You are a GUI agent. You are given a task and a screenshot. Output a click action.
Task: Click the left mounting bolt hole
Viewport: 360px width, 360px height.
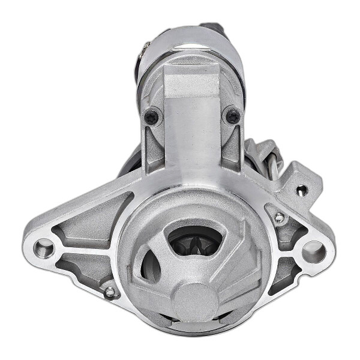coord(44,247)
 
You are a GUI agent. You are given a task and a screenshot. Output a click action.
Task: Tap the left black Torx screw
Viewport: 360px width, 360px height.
coord(152,118)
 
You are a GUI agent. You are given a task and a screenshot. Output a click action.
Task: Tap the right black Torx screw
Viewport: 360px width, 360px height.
coord(232,116)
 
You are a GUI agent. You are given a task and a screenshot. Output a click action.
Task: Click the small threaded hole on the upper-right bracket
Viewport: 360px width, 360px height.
coord(302,191)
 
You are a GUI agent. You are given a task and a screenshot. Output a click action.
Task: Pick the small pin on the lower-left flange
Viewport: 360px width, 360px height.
coord(110,292)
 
